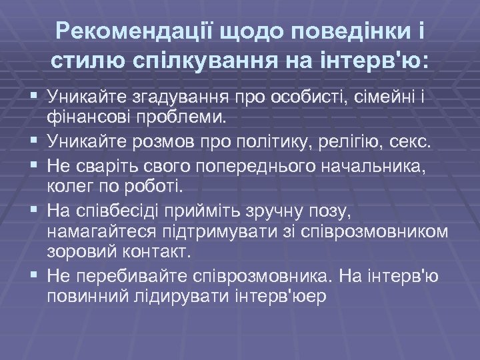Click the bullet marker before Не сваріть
[31, 165]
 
